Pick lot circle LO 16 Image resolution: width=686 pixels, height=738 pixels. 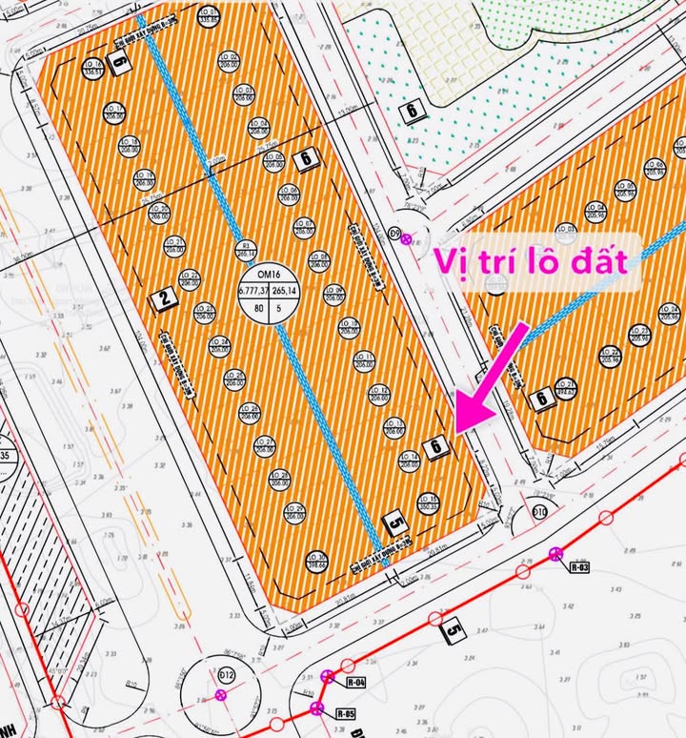click(x=92, y=68)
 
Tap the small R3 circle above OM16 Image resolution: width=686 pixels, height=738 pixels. click(x=247, y=250)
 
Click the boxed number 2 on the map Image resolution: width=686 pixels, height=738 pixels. click(x=165, y=298)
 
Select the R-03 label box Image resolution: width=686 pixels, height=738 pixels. click(x=579, y=567)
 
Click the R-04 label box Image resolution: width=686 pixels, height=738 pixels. click(x=356, y=682)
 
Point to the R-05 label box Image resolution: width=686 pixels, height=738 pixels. click(x=345, y=712)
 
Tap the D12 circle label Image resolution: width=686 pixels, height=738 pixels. click(x=227, y=675)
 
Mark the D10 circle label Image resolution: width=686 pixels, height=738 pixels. click(x=539, y=513)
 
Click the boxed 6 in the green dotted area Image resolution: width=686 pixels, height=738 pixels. click(x=412, y=111)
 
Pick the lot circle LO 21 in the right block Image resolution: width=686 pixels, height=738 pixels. click(x=565, y=387)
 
